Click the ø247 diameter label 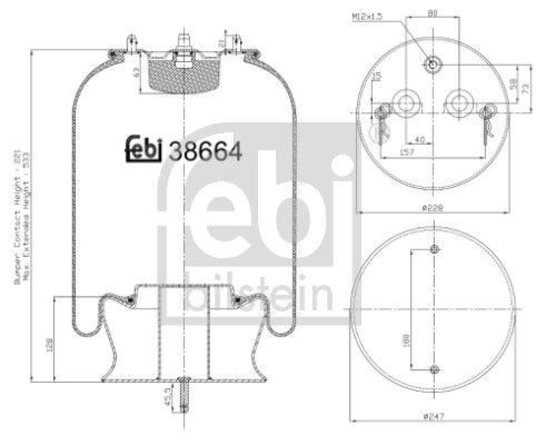pyautogui.click(x=433, y=416)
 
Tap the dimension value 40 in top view pyautogui.click(x=420, y=139)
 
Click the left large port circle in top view pyautogui.click(x=407, y=103)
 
